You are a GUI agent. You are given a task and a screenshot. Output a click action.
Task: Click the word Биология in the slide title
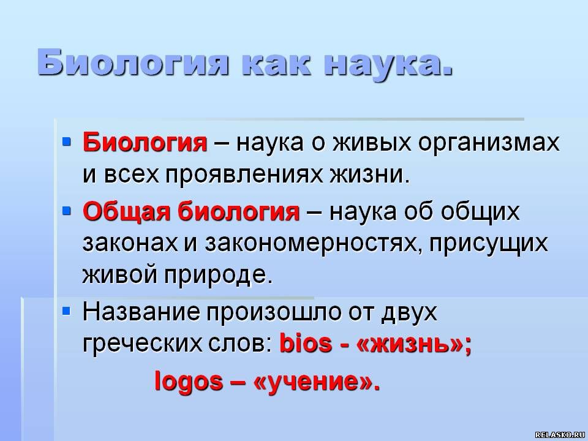click(132, 62)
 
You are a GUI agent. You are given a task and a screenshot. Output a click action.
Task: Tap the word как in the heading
click(277, 62)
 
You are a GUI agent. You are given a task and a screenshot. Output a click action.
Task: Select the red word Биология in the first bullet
click(145, 143)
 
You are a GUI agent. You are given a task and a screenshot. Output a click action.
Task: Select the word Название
click(141, 312)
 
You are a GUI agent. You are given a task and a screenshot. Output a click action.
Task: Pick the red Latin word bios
click(306, 343)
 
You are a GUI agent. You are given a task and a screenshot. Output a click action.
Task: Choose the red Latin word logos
click(189, 382)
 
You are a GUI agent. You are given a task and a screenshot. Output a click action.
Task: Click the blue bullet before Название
click(66, 311)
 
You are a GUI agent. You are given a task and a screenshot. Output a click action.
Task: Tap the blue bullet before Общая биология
click(66, 211)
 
